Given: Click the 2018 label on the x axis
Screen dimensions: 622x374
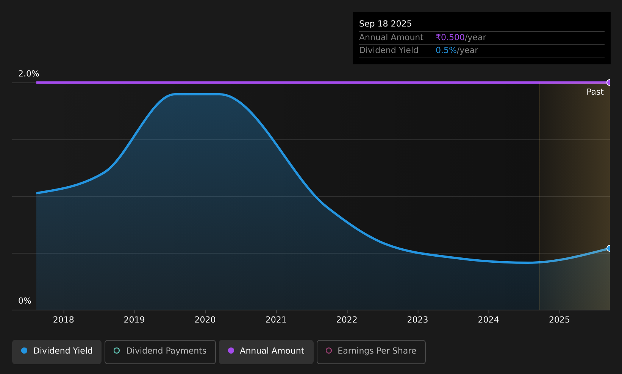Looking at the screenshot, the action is (64, 320).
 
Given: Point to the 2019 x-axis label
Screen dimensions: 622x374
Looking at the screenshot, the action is (134, 320).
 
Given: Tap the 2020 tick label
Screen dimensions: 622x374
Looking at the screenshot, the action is (205, 320).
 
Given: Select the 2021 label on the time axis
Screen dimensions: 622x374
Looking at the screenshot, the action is (276, 320).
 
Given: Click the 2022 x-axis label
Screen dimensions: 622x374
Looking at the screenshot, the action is (347, 320).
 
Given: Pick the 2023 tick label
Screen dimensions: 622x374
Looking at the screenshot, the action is (417, 320).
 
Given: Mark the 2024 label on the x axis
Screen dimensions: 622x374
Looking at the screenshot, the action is (488, 320).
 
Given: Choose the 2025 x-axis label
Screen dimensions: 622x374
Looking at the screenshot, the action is (559, 320).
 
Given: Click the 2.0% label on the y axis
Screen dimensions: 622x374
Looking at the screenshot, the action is (29, 74).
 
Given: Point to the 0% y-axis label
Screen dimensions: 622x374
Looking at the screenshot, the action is (25, 301).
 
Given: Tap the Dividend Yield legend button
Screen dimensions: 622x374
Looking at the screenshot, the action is (57, 352).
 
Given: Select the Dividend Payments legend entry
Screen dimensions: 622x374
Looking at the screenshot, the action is (160, 352).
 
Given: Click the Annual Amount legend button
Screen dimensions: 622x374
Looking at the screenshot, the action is (266, 352).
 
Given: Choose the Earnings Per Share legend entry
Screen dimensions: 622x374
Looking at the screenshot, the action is (371, 352).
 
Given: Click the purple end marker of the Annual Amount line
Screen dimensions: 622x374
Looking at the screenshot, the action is (609, 83).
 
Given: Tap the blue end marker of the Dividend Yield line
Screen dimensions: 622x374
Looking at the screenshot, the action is (609, 248).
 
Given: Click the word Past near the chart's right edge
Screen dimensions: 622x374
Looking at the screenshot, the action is (595, 92).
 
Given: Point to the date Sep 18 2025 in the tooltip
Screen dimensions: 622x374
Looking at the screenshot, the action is (385, 24).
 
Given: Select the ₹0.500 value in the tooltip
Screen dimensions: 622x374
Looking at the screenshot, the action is (450, 37).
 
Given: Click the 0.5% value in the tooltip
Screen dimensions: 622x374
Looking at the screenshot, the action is (446, 50).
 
